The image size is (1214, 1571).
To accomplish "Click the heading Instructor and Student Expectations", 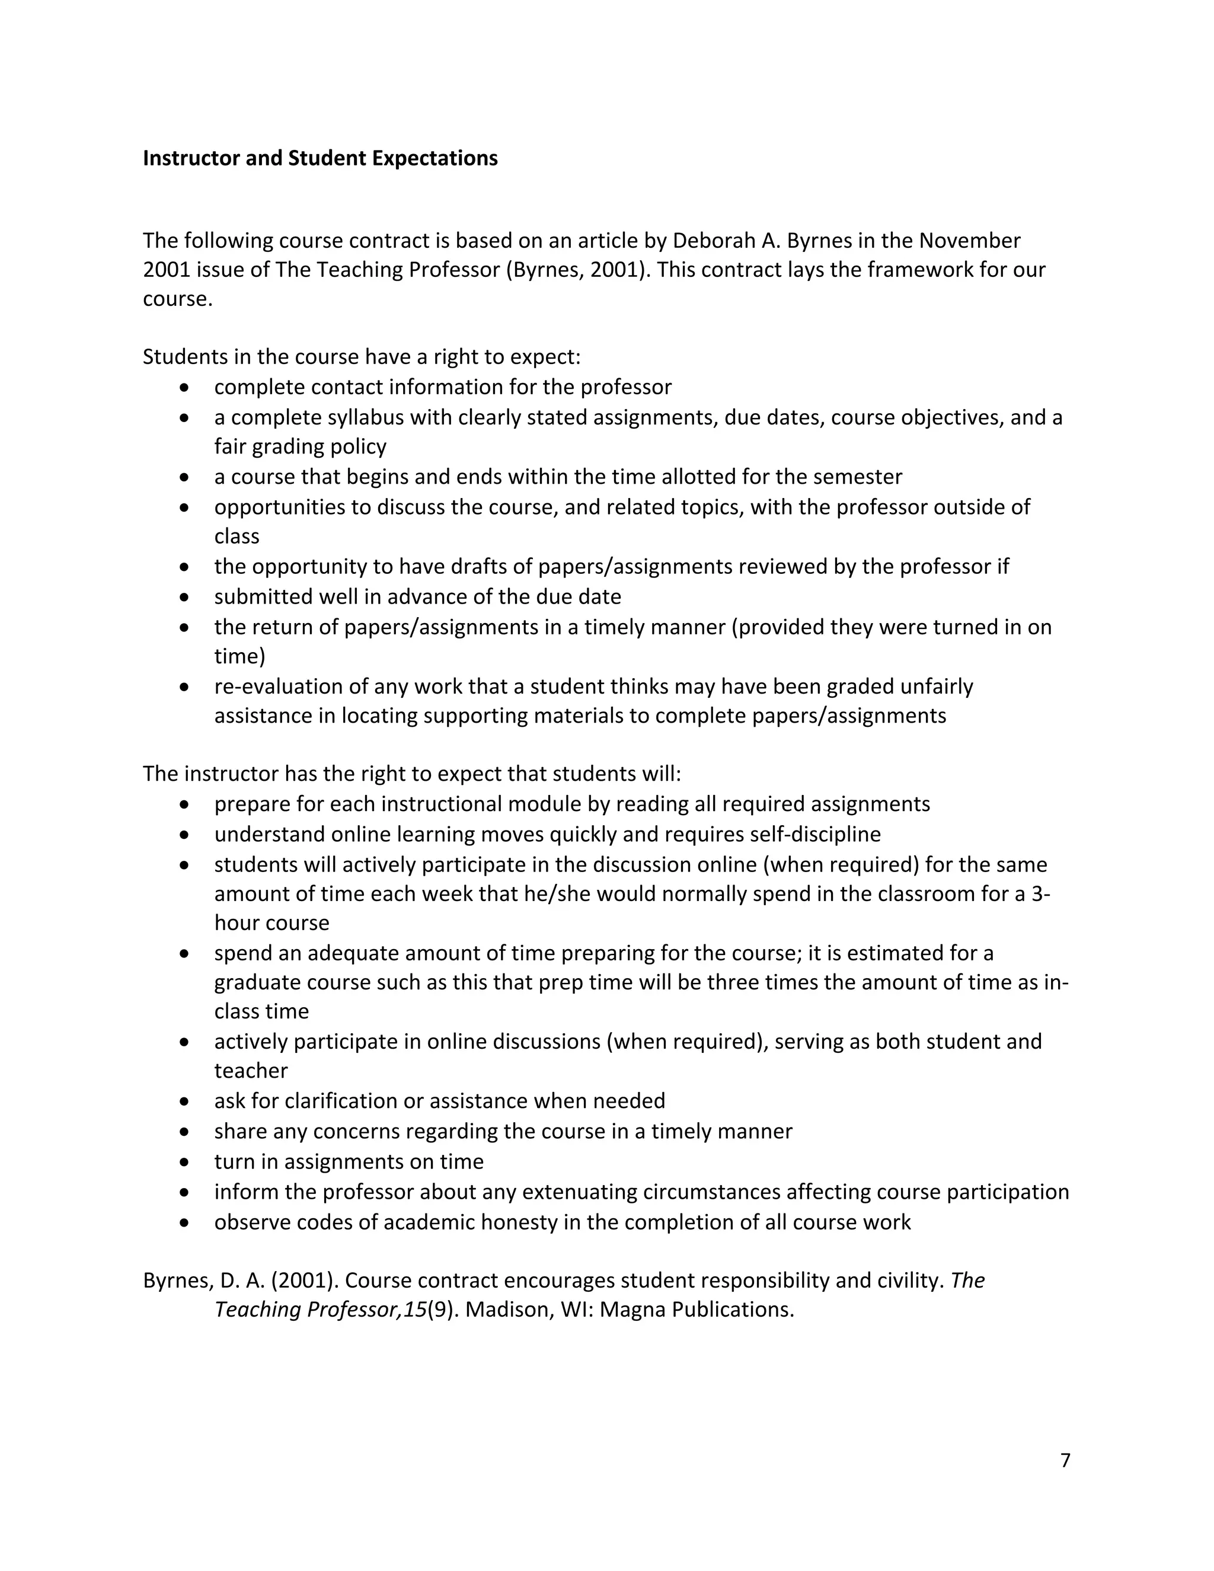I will point(320,158).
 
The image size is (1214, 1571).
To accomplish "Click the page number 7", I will point(1065,1460).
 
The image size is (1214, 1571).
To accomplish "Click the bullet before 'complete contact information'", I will point(186,388).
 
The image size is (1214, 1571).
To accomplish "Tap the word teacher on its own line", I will point(250,1071).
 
